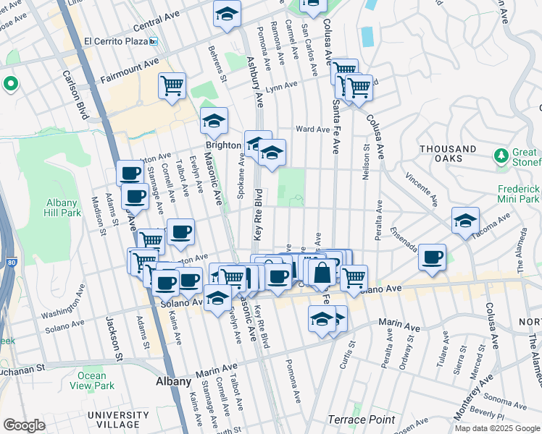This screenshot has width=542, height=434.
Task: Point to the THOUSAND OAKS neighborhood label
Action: point(447,154)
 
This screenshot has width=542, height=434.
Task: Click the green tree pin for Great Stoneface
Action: point(501,156)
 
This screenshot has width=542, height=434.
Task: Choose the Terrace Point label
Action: point(361,420)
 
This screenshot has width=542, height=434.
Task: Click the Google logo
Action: point(24,425)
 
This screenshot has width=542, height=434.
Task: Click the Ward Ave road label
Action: point(313,129)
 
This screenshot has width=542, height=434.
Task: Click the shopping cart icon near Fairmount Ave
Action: point(172,85)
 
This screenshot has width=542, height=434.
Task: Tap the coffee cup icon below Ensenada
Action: point(433,257)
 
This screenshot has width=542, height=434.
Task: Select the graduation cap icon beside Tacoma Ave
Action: point(465,220)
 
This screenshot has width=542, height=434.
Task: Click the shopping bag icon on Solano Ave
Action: point(323,273)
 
